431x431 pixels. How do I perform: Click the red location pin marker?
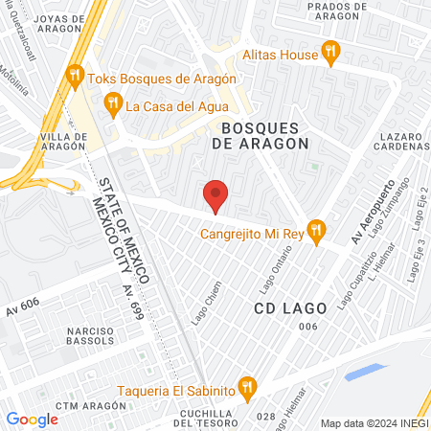[x=216, y=194]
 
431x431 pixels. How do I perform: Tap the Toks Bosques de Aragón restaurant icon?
[x=75, y=75]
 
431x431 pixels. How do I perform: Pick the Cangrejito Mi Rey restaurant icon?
[x=319, y=231]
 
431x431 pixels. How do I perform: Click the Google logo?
[x=32, y=419]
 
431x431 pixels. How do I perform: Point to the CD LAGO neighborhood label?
[x=291, y=308]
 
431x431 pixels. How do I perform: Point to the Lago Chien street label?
[x=201, y=312]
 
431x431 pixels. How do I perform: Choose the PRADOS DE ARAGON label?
[x=326, y=11]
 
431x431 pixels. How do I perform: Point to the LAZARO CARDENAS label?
[x=397, y=144]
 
